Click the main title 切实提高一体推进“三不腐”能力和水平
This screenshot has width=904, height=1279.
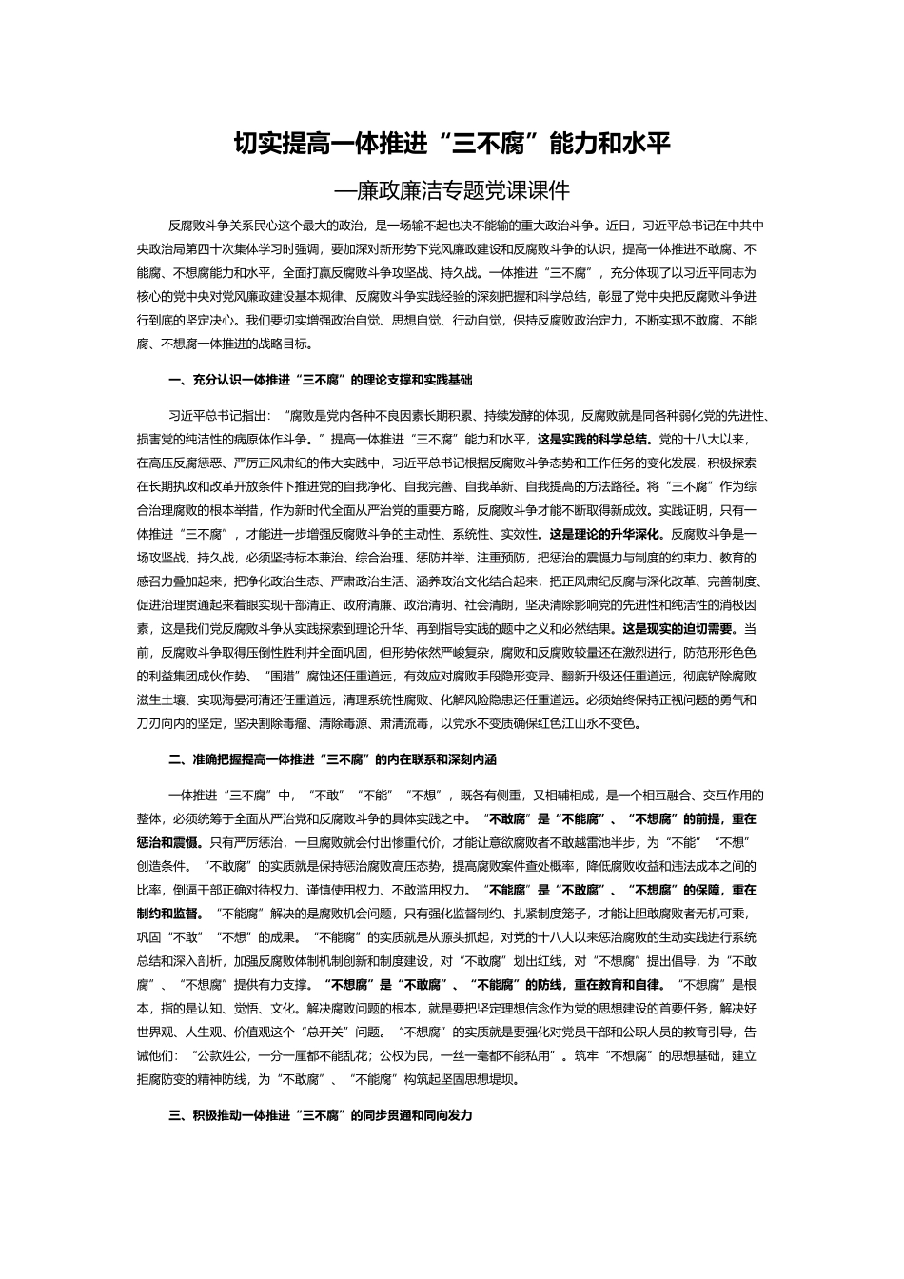point(452,145)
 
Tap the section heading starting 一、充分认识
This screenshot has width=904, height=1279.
point(320,380)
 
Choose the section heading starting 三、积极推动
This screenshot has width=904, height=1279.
point(320,1114)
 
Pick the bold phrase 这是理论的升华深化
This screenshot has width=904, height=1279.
point(608,534)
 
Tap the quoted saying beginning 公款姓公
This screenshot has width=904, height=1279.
point(373,1055)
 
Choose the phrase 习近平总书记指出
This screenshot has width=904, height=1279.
point(213,416)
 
